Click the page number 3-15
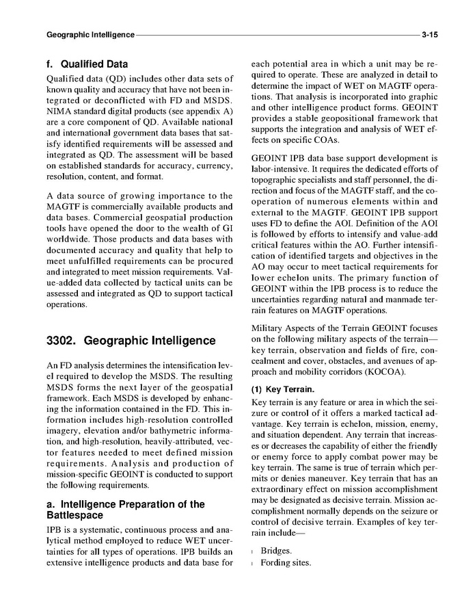coord(429,34)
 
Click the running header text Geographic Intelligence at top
coord(90,34)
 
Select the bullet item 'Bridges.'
coord(276,551)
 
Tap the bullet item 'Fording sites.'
coord(286,563)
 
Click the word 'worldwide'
coord(68,239)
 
